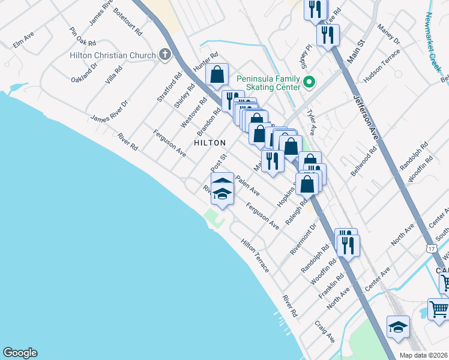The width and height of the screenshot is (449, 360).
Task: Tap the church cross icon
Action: point(164,55)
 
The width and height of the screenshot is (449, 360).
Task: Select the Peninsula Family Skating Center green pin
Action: point(310,82)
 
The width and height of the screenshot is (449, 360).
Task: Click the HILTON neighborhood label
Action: point(210,143)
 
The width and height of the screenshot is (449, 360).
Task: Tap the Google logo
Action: point(20,353)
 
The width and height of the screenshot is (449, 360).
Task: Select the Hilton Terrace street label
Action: point(255,255)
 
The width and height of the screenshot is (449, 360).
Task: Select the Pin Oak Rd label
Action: point(83,38)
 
